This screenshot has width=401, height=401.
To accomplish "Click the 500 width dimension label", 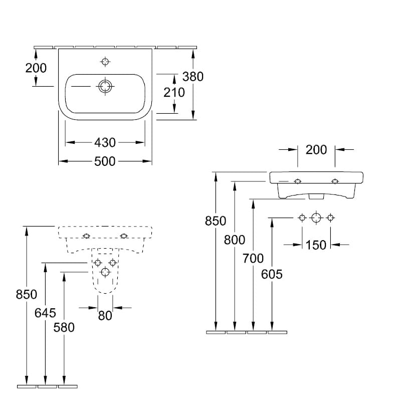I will (105, 161).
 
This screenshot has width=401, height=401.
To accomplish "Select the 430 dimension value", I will (105, 142).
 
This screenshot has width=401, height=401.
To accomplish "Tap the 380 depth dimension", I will (192, 76).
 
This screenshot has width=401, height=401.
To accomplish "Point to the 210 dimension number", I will (174, 92).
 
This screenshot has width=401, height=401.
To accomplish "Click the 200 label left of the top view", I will (36, 68).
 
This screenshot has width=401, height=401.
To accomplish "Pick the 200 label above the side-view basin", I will (316, 149).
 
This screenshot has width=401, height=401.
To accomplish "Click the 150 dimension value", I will (316, 245).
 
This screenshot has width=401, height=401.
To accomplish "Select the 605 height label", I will (272, 274).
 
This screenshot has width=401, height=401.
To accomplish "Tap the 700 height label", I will (254, 259).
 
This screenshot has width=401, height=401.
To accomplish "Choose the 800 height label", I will (235, 240).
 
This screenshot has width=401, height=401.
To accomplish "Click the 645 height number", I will (45, 313).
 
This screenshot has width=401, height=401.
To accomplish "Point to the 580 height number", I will (64, 327).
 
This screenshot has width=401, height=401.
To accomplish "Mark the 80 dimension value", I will (105, 315).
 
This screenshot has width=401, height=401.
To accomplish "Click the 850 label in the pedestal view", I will (26, 295).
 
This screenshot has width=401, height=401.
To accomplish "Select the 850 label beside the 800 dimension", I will (216, 221).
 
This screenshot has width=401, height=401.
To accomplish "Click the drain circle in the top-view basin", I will (105, 86).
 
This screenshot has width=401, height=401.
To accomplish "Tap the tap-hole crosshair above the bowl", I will (105, 62).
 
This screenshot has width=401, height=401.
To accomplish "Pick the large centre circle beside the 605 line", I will (316, 218).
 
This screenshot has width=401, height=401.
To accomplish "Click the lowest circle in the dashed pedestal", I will (105, 272).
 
